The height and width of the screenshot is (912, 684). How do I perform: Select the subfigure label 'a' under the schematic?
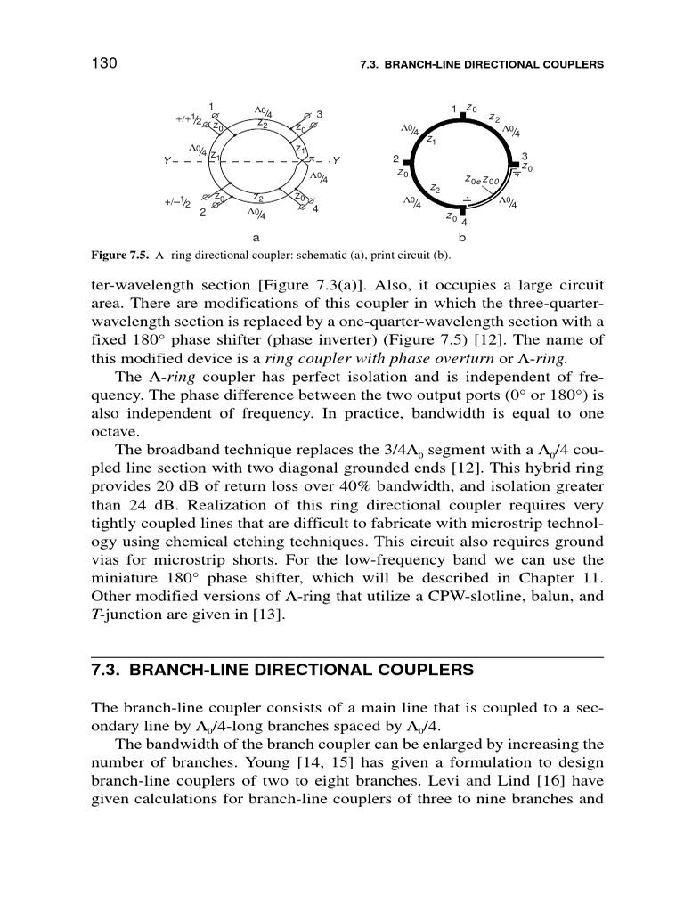point(256,238)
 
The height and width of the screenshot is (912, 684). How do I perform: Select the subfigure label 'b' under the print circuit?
point(461,238)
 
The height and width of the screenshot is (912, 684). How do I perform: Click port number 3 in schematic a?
point(319,115)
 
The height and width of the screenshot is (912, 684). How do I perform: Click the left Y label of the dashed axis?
point(167,160)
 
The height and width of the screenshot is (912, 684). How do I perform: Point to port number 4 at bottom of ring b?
point(465,222)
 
